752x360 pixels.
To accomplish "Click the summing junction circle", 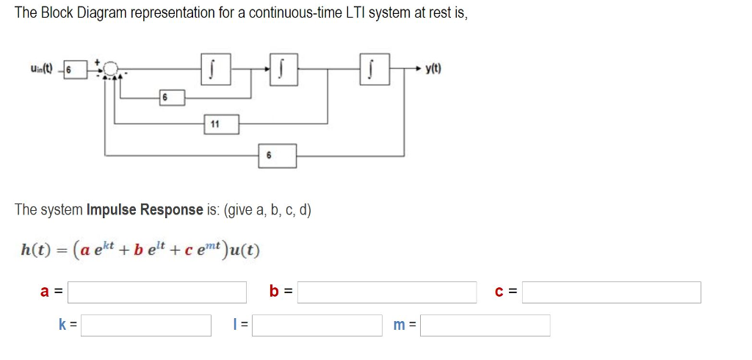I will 111,70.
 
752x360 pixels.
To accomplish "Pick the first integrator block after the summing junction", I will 211,71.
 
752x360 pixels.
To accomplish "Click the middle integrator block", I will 281,71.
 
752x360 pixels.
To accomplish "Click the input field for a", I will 157,292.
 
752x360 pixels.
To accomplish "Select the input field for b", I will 386,292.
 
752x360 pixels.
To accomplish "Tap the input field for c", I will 611,292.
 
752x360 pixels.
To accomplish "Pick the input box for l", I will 317,325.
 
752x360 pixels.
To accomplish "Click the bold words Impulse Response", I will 144,209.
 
